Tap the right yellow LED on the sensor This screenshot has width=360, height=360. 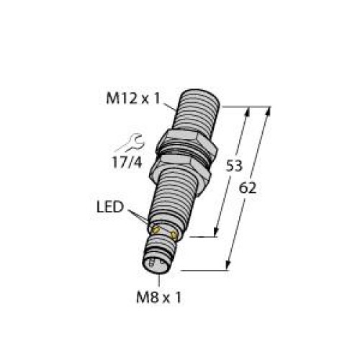(x=174, y=235)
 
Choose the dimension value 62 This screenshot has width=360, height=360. (x=248, y=189)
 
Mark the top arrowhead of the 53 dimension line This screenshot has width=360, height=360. (x=247, y=111)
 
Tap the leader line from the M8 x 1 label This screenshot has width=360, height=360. (x=158, y=279)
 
